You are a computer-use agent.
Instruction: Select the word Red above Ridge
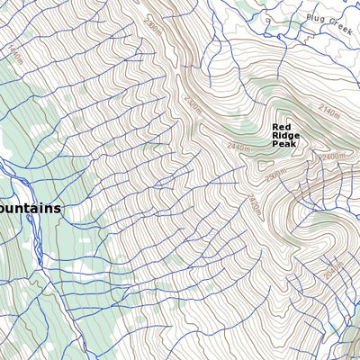coord(283,128)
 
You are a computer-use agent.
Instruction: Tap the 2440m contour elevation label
coord(238,147)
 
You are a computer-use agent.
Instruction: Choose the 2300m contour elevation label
coord(276,171)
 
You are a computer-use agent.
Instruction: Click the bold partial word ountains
coord(31,208)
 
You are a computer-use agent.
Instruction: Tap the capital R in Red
coord(275,128)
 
